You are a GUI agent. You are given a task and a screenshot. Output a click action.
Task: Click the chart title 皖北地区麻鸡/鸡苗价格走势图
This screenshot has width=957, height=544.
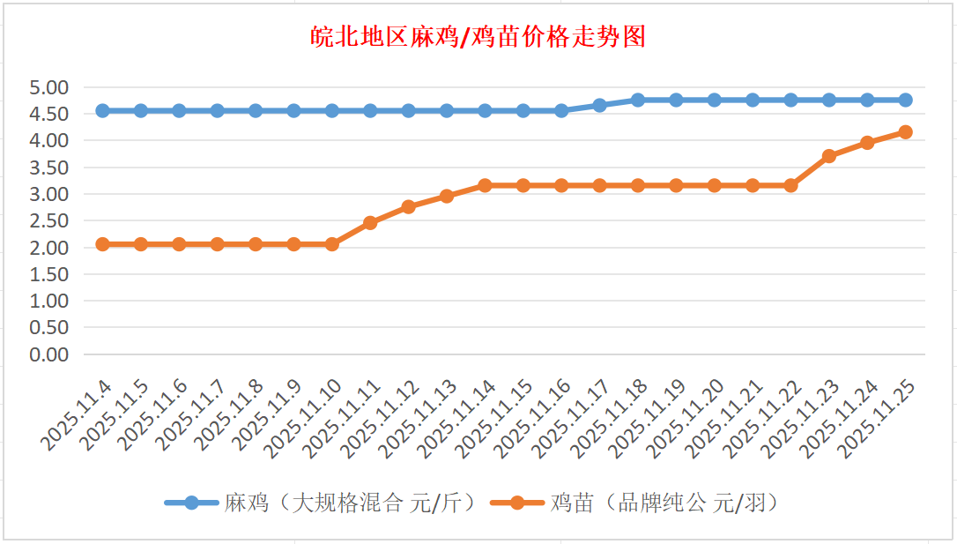point(478,37)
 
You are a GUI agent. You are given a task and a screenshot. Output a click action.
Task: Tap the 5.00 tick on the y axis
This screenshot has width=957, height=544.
point(49,87)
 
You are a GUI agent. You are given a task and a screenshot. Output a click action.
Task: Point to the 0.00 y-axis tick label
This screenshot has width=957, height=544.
point(49,354)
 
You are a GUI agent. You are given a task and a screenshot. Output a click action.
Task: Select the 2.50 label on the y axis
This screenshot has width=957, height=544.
point(49,220)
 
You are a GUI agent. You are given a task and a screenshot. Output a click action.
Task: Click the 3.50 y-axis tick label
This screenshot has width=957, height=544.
point(49,168)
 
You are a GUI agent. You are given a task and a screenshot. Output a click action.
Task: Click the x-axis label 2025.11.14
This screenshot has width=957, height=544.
point(459,419)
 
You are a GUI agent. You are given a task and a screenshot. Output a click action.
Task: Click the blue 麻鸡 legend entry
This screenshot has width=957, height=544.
point(322,503)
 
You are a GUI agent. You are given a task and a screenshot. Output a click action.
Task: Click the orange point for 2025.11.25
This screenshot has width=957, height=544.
point(905,132)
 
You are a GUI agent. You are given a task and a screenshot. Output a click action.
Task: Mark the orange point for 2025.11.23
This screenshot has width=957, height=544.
point(828,156)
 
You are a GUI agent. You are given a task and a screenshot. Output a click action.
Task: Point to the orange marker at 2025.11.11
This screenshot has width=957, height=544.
point(370,223)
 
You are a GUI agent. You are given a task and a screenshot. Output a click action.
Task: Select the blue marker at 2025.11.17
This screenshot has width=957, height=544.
point(599,105)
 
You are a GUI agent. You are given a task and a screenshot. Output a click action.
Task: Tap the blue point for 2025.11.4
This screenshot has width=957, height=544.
point(102,110)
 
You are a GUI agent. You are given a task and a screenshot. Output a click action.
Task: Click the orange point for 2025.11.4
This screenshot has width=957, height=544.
point(102,244)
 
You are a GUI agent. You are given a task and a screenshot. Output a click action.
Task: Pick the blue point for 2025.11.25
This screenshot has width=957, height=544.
point(905,100)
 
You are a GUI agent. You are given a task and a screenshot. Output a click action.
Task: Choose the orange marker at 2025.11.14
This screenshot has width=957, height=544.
point(485,185)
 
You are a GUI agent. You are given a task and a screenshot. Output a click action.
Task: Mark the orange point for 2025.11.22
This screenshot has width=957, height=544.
point(790,185)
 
